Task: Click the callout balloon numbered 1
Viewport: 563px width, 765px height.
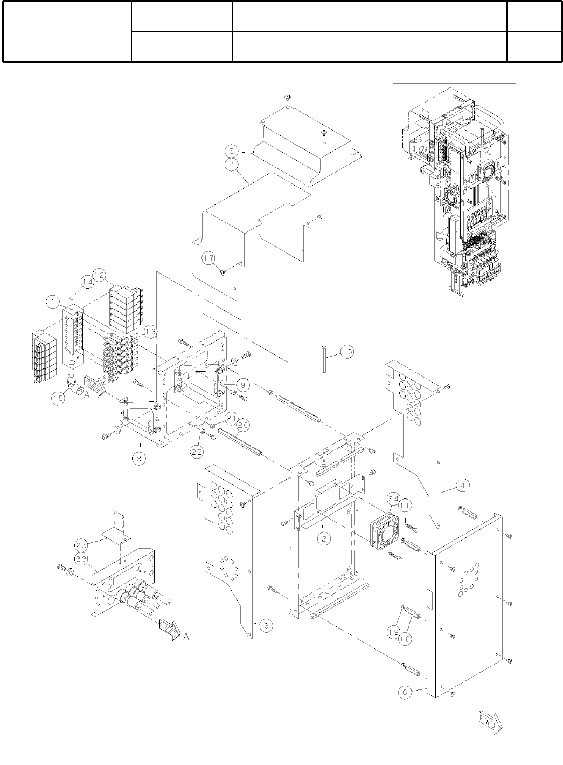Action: click(x=53, y=303)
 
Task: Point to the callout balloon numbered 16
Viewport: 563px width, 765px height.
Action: click(x=347, y=352)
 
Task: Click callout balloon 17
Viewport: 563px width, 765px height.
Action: click(x=209, y=258)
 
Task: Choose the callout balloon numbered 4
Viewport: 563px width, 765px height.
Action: click(x=462, y=484)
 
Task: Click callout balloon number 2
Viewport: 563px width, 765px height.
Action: click(x=323, y=538)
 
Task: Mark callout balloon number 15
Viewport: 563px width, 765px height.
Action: click(x=58, y=398)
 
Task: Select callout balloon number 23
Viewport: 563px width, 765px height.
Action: click(x=81, y=559)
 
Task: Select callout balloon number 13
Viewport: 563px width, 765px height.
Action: click(x=150, y=331)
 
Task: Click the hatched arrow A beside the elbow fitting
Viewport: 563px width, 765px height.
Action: click(x=94, y=386)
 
